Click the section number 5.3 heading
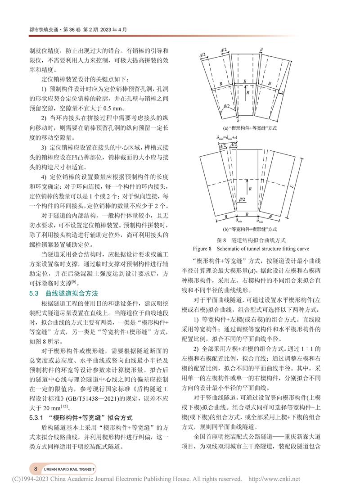34,293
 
